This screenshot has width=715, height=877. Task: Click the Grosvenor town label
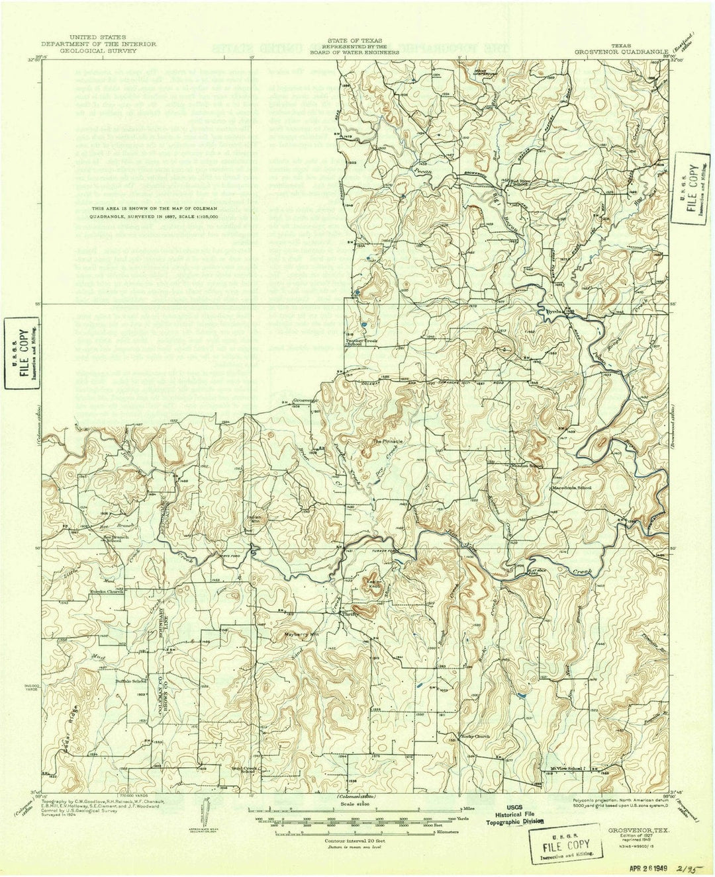point(305,400)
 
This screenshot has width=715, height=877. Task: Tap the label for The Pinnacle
point(387,440)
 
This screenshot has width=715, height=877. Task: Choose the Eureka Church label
point(107,592)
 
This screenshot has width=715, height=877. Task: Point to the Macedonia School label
point(573,488)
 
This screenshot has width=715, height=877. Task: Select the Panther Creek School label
point(355,342)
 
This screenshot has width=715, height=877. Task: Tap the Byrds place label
point(553,310)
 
